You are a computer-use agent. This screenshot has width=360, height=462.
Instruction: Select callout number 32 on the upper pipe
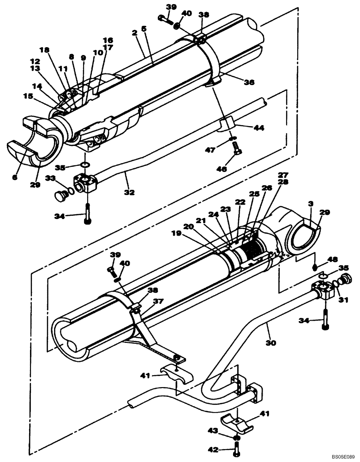[x=130, y=192]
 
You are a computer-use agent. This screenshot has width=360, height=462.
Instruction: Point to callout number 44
[x=246, y=128]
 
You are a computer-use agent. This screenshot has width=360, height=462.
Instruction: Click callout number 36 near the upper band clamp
[x=250, y=83]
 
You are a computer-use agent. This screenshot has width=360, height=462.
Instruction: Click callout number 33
[x=50, y=178]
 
